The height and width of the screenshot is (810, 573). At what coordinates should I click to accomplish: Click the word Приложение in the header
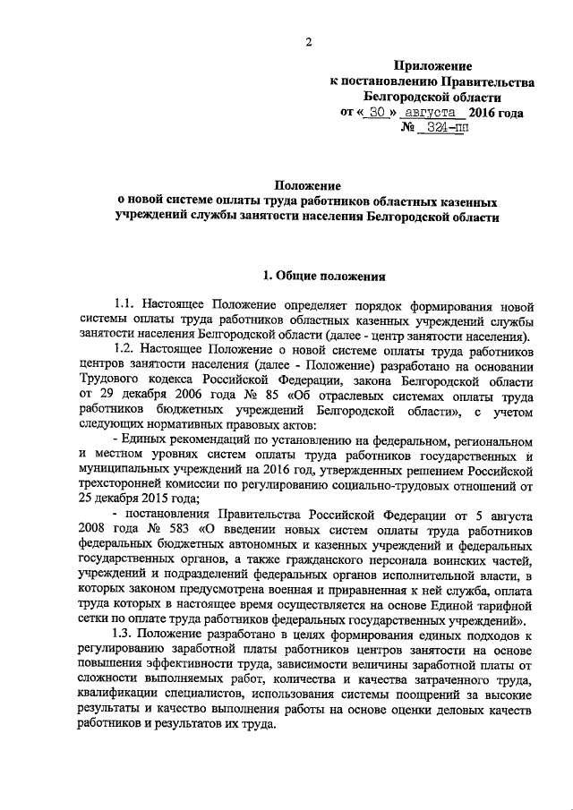coord(433,66)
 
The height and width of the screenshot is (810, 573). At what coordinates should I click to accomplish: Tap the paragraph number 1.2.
coord(129,353)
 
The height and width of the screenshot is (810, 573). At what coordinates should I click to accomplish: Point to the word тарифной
coord(506,608)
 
